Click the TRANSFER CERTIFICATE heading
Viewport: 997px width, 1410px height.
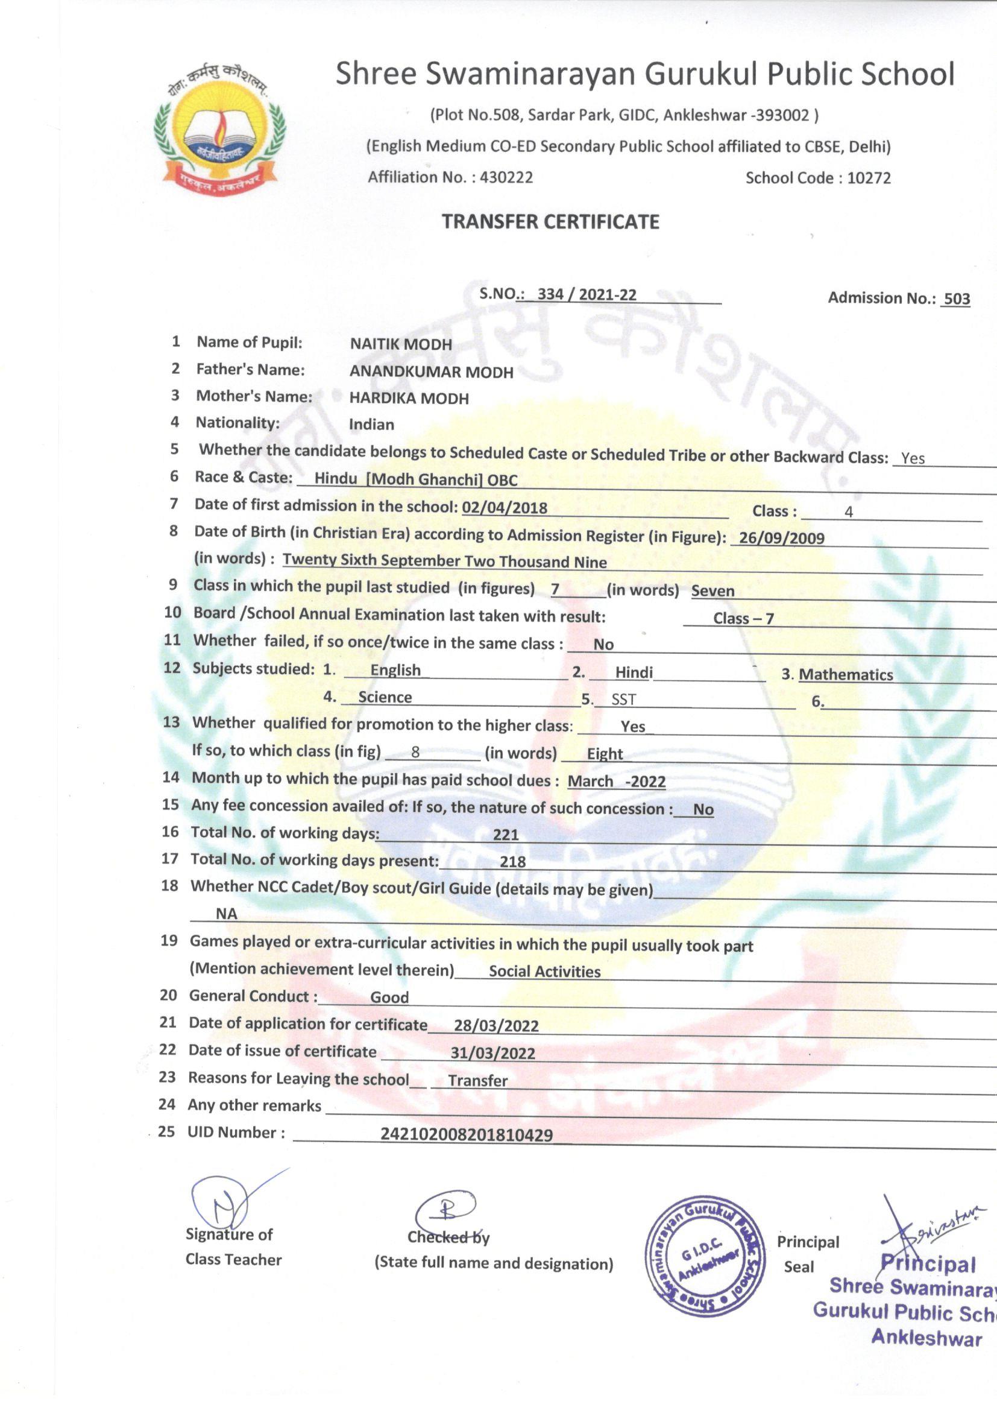[551, 222]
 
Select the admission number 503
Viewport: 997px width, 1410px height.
[957, 299]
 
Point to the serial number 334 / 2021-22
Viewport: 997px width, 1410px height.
[587, 295]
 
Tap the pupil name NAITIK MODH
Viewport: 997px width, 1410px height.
[401, 344]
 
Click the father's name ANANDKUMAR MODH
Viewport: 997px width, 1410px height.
[431, 372]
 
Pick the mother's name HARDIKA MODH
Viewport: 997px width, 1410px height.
[409, 399]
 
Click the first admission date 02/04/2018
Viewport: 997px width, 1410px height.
[504, 508]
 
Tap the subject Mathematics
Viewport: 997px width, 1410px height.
[845, 675]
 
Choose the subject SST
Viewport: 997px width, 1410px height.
[624, 700]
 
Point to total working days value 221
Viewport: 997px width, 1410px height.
[506, 835]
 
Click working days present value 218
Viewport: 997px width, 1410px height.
[512, 862]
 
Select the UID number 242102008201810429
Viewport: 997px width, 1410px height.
[467, 1135]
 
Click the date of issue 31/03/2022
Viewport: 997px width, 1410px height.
[493, 1053]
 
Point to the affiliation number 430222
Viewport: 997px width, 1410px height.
[506, 177]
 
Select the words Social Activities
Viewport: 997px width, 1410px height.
[544, 972]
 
